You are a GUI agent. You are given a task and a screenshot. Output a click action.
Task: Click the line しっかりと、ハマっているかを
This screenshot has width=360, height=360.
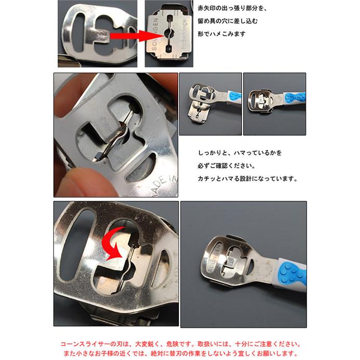239,153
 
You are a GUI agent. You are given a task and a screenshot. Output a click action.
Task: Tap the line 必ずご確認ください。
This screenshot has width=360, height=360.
226,166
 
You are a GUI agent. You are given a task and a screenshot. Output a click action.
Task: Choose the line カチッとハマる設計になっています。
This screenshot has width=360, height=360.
247,179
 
